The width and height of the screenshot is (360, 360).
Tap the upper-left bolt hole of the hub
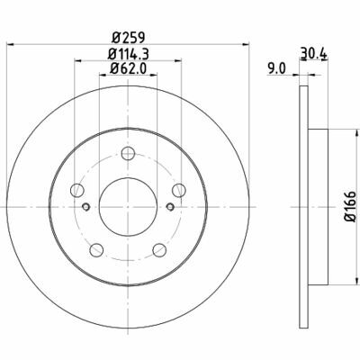76,189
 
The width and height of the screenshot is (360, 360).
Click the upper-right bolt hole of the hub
178,189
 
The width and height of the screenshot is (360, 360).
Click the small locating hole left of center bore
86,206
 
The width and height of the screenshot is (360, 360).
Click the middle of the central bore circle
127,206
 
